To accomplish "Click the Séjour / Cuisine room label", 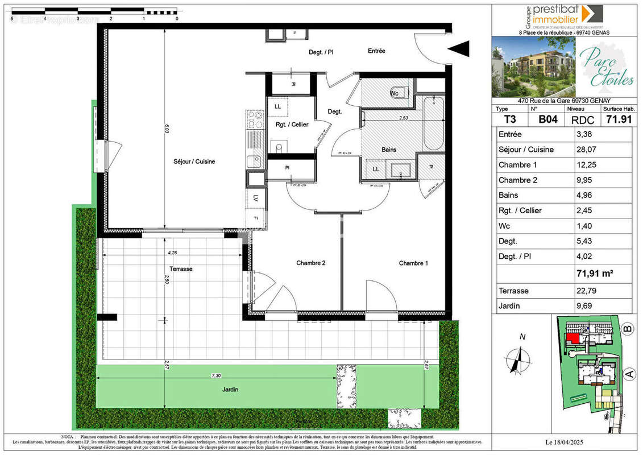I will [194, 162].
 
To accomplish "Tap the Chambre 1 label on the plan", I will [413, 263].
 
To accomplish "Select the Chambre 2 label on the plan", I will [311, 263].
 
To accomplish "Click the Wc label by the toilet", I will [394, 93].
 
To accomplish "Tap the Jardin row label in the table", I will [509, 306].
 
